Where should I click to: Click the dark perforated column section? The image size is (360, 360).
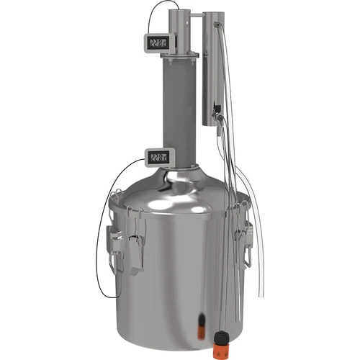click(183, 108)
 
